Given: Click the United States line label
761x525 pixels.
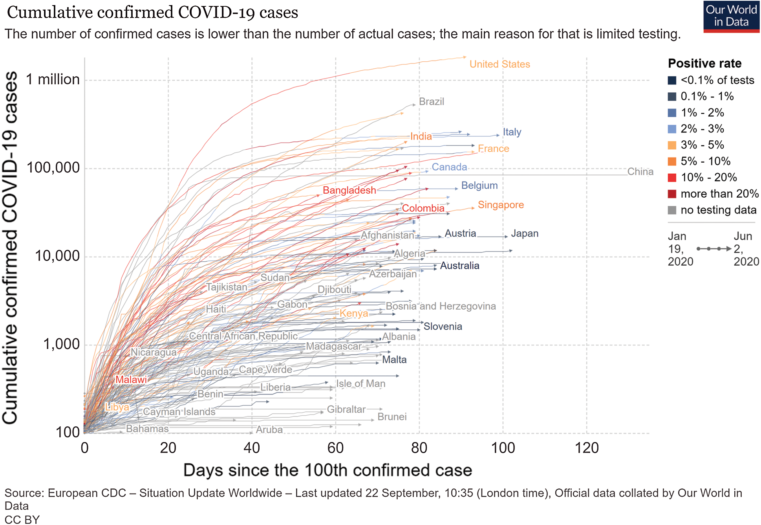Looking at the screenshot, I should [499, 64].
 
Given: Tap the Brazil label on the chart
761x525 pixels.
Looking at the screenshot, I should [431, 101].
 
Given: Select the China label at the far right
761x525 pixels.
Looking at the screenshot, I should [640, 171].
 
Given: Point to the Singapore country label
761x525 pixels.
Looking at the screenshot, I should [501, 205].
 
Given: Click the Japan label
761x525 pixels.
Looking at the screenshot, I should [524, 233].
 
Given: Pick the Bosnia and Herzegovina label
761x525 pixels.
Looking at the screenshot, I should [441, 306].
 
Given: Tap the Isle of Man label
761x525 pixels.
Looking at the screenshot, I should [360, 384].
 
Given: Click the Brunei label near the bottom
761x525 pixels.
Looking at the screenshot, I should [392, 417].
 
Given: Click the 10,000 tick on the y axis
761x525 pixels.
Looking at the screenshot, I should [57, 256].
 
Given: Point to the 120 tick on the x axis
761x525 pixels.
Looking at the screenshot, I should [587, 448].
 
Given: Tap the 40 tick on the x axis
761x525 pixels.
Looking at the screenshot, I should [252, 448].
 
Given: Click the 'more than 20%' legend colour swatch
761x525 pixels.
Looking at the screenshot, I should [672, 194].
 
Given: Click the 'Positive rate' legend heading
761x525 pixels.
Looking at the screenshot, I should [704, 63].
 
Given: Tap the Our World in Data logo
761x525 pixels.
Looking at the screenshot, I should [731, 17].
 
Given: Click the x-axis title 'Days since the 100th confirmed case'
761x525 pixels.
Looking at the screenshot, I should [327, 470].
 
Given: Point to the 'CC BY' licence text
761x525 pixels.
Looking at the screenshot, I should [22, 519].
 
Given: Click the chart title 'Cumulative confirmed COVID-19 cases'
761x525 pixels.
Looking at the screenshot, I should [152, 13].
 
